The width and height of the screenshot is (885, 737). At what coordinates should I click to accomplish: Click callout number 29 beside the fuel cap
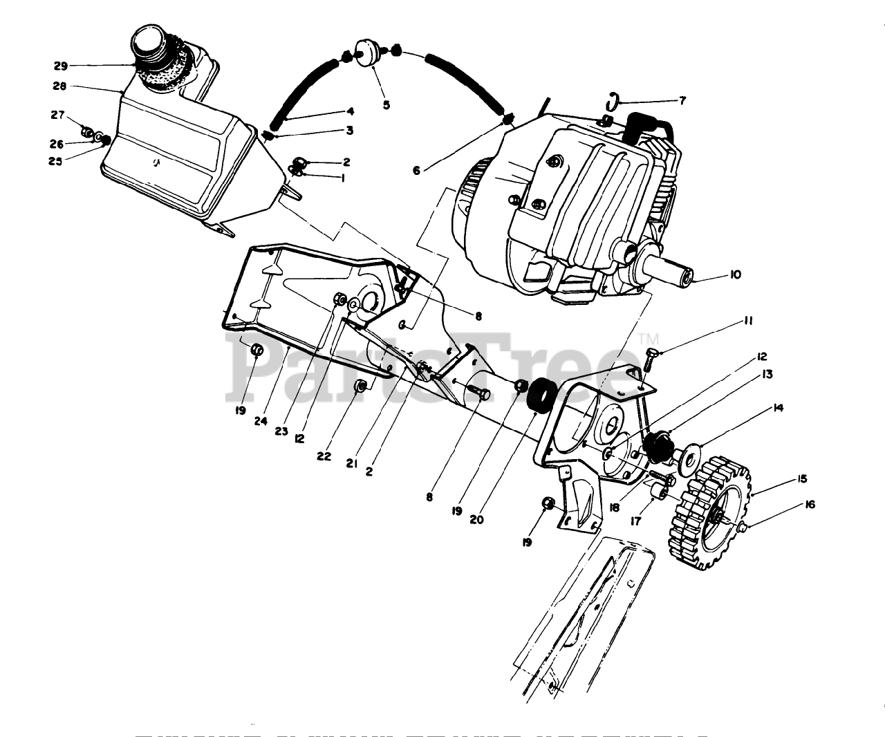(x=61, y=66)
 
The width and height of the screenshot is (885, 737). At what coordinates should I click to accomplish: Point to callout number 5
(x=386, y=105)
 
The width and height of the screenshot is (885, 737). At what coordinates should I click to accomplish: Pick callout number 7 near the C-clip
(x=682, y=101)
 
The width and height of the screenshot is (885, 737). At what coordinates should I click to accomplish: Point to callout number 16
(x=809, y=505)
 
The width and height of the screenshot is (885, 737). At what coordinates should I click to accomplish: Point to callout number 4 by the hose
(x=350, y=111)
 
